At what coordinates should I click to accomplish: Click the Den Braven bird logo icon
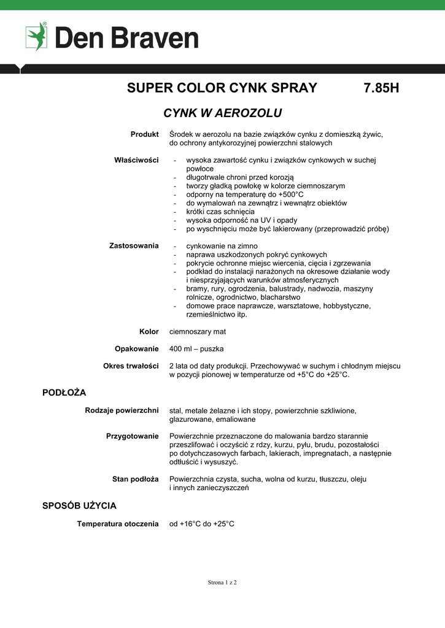pyautogui.click(x=36, y=36)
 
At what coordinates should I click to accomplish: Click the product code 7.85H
pyautogui.click(x=381, y=88)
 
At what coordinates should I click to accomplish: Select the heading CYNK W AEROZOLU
pyautogui.click(x=222, y=113)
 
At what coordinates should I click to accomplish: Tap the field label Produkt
pyautogui.click(x=145, y=134)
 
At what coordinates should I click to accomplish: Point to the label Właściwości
pyautogui.click(x=136, y=160)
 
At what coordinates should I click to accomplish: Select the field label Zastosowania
pyautogui.click(x=134, y=246)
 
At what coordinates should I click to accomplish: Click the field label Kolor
pyautogui.click(x=149, y=332)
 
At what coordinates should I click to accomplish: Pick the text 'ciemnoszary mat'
pyautogui.click(x=198, y=332)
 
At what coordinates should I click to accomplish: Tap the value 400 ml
pyautogui.click(x=182, y=349)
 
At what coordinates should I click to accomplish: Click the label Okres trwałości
pyautogui.click(x=131, y=366)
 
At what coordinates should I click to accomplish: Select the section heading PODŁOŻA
pyautogui.click(x=64, y=392)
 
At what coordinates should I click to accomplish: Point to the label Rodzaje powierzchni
pyautogui.click(x=122, y=410)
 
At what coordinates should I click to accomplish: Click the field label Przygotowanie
pyautogui.click(x=133, y=436)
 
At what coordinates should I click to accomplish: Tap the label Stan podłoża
pyautogui.click(x=135, y=479)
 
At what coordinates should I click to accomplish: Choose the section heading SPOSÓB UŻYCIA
pyautogui.click(x=79, y=506)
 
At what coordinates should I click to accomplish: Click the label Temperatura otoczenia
pyautogui.click(x=118, y=524)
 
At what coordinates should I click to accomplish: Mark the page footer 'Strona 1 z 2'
pyautogui.click(x=222, y=582)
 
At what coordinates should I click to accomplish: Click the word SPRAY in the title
pyautogui.click(x=292, y=88)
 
